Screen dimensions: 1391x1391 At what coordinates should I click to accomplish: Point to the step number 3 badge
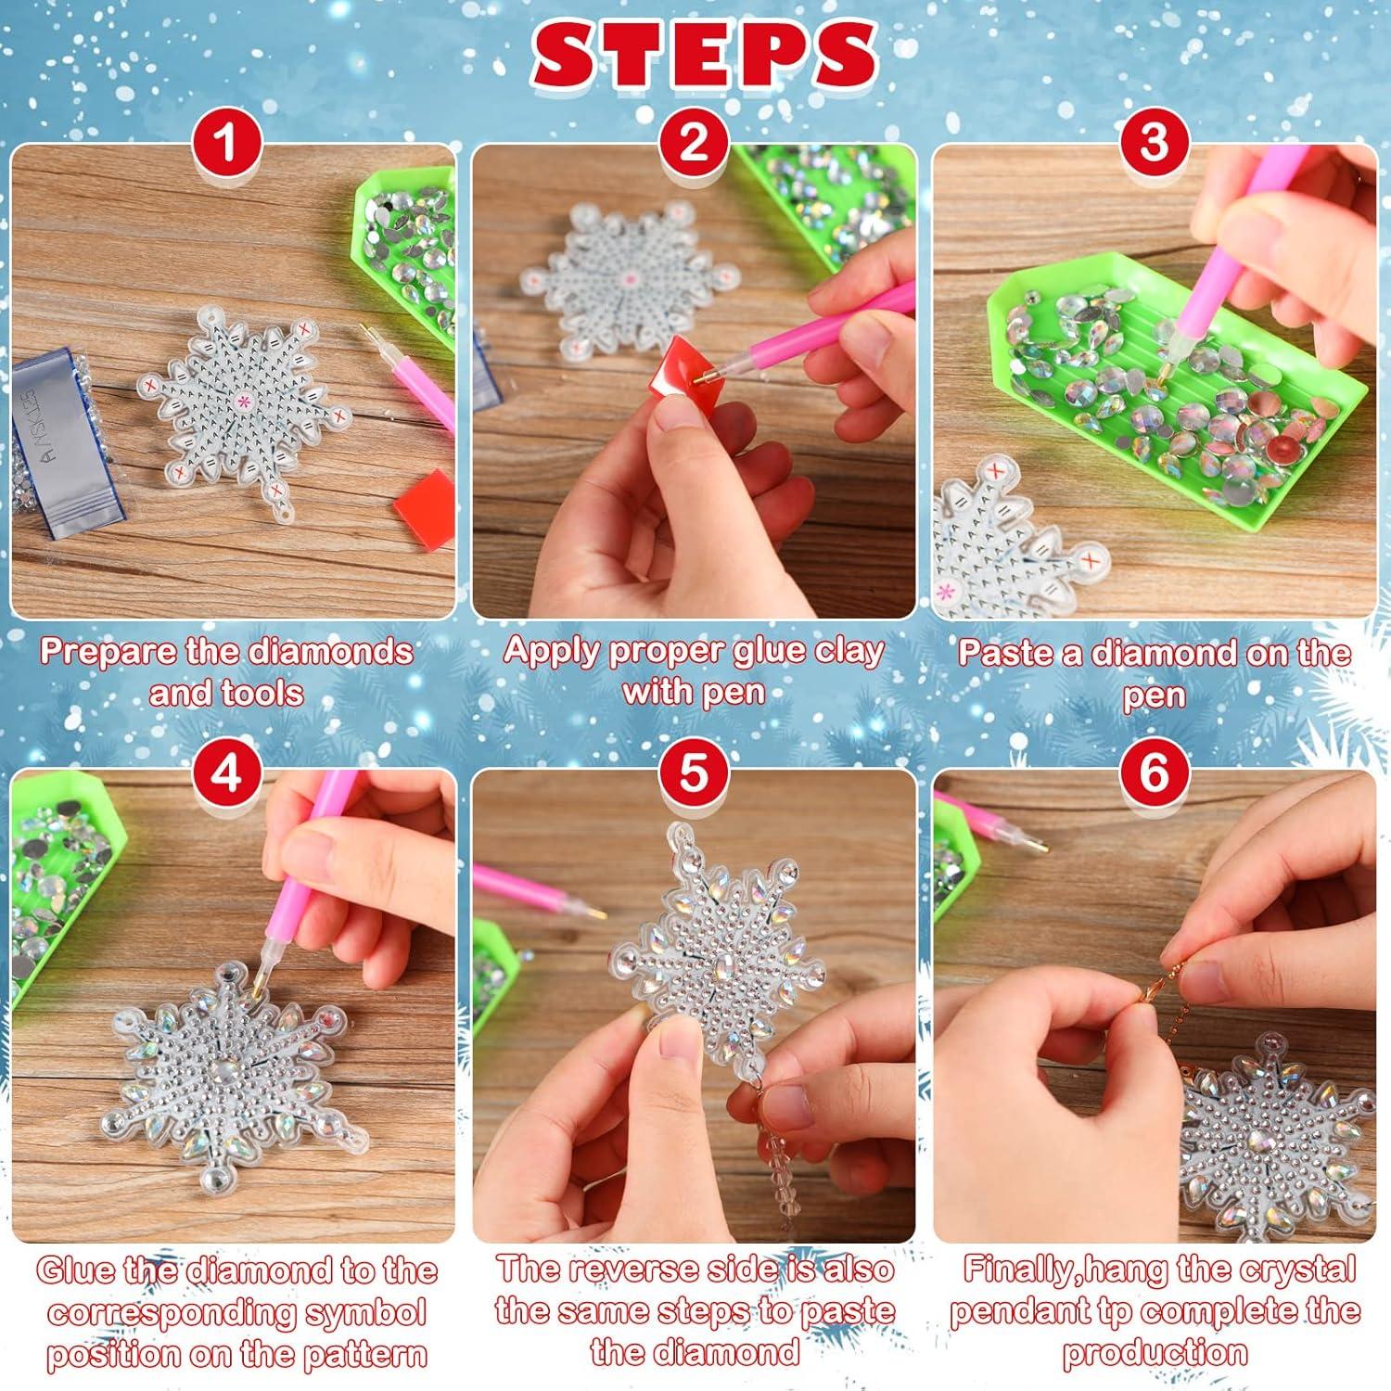tap(1154, 144)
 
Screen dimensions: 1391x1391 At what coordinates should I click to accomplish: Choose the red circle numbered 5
tap(693, 772)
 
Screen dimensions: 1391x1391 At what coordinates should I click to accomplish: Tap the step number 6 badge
tap(1154, 772)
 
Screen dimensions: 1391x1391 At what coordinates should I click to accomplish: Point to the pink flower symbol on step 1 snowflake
tap(245, 402)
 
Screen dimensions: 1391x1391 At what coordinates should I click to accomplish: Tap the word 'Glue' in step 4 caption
tap(76, 1270)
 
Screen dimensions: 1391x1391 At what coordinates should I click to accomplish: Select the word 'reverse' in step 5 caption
tap(629, 1269)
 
